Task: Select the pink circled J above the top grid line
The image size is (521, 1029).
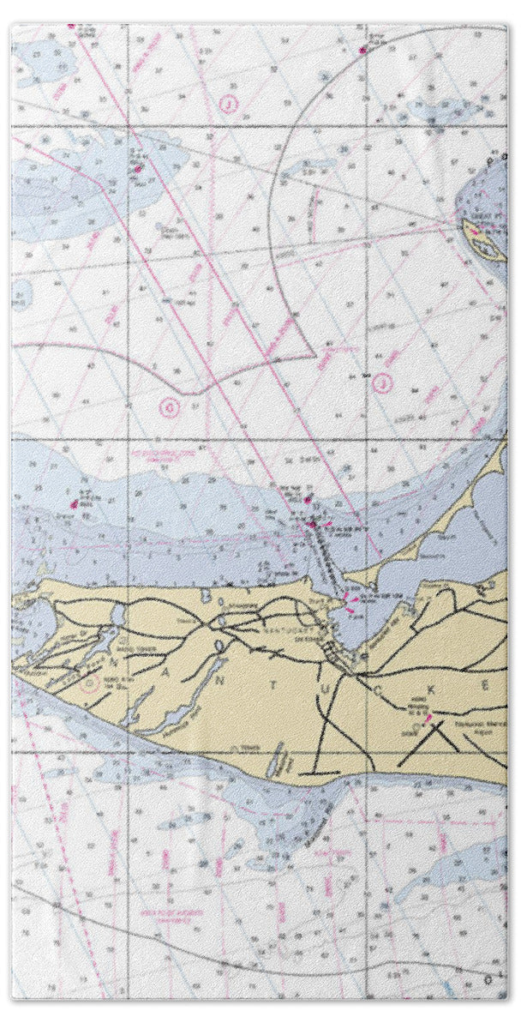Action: [228, 105]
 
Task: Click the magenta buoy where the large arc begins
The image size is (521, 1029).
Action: [363, 50]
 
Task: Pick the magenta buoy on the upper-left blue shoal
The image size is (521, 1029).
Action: [136, 169]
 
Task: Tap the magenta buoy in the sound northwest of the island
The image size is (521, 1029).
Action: [75, 505]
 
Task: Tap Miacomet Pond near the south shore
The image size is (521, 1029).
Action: [276, 761]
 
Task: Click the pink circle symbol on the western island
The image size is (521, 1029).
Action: [86, 683]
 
